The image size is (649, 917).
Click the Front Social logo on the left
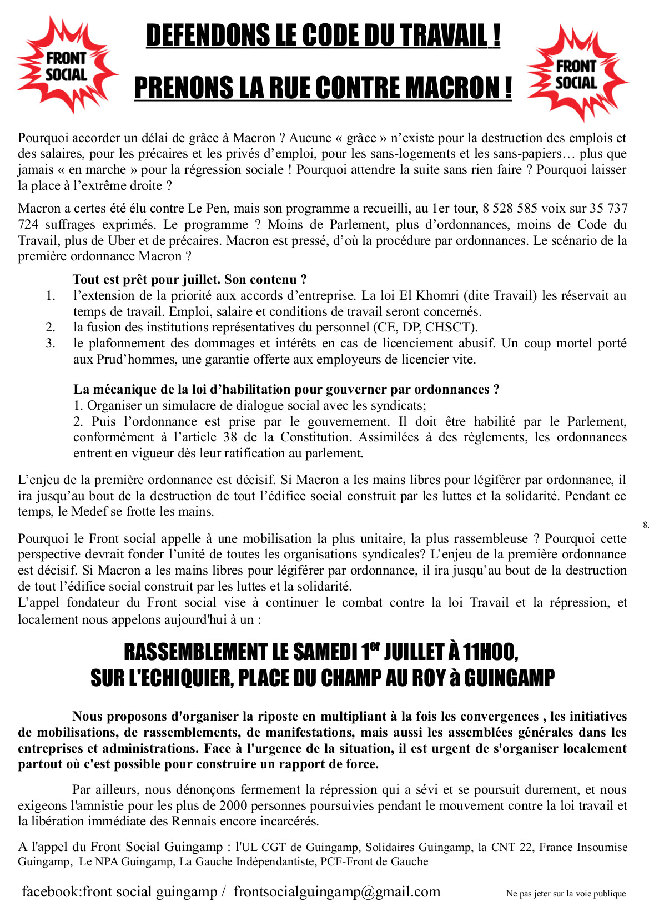(x=66, y=65)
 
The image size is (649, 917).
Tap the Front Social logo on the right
(x=576, y=74)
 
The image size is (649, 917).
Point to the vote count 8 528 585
(x=510, y=209)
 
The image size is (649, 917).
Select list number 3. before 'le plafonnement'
(x=51, y=344)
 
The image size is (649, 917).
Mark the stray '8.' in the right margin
(x=645, y=525)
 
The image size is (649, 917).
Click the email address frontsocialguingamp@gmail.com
(x=336, y=892)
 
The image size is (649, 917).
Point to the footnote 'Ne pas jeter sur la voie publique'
(x=566, y=894)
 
